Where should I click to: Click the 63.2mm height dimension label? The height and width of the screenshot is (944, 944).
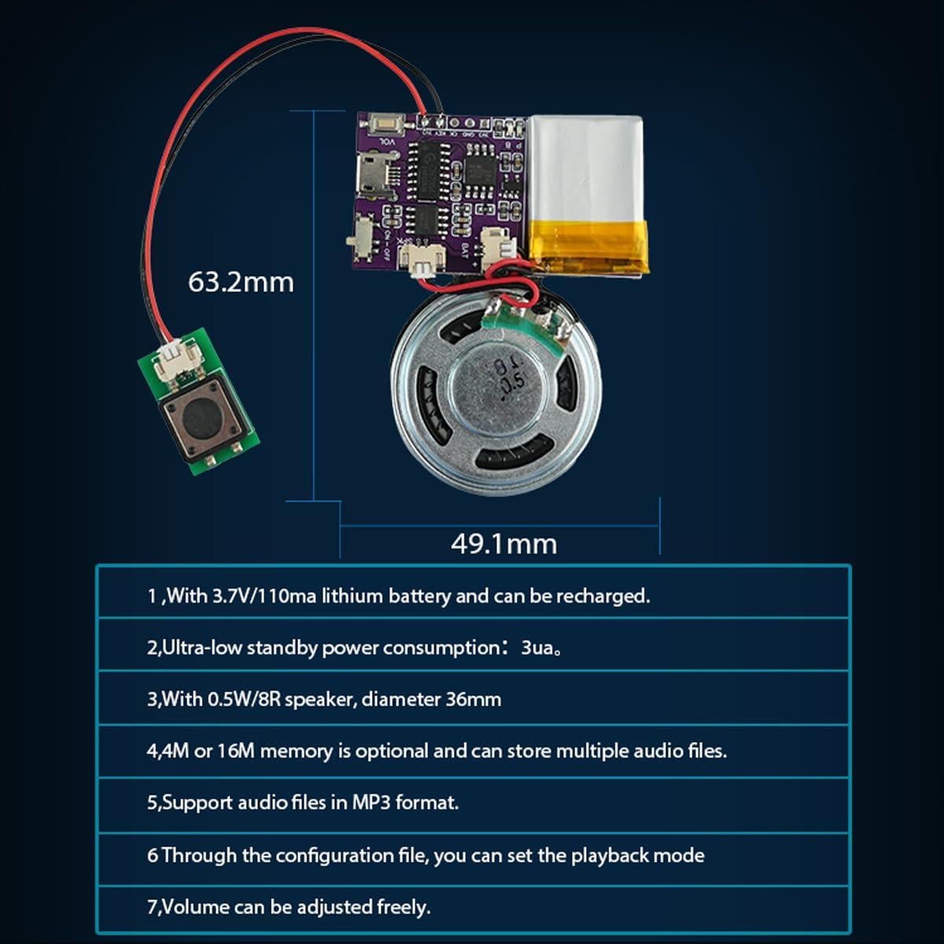[241, 282]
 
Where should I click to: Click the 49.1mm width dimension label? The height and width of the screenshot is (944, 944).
[503, 544]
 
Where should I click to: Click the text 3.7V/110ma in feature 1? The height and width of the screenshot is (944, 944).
[264, 596]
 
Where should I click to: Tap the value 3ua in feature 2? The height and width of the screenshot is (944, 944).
[537, 648]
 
